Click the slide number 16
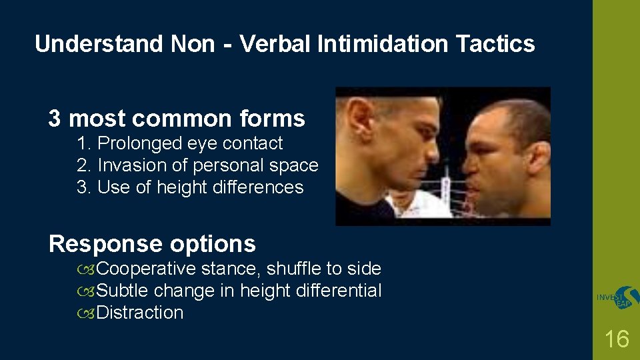coord(616,339)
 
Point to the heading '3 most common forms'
coord(176,119)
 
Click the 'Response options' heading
coord(152,244)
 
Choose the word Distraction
coord(140,313)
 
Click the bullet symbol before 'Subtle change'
coord(85,291)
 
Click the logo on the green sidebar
coord(617,299)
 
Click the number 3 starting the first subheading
coord(55,119)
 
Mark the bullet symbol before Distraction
coord(85,313)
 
